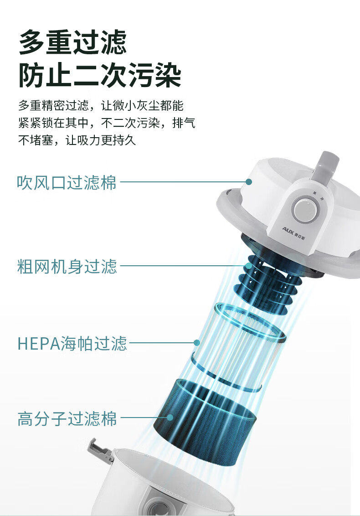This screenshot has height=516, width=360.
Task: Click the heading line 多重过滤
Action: click(73, 42)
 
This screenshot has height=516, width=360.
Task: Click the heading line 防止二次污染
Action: click(100, 75)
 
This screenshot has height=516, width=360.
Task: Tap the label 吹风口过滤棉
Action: click(67, 182)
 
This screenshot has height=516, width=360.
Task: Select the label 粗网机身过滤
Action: click(67, 266)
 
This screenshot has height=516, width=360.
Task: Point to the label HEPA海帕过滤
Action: click(72, 343)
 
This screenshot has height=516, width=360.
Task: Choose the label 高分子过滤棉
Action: click(67, 418)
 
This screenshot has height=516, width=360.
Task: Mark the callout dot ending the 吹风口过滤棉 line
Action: click(249, 182)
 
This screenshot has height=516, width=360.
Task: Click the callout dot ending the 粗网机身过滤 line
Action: click(249, 266)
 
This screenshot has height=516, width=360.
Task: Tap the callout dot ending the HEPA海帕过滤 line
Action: click(197, 343)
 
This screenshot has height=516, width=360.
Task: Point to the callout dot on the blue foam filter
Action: click(170, 418)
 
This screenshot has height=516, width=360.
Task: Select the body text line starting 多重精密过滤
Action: click(101, 106)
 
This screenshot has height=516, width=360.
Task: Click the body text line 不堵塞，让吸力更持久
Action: click(77, 140)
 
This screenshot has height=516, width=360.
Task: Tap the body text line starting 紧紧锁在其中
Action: click(107, 123)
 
